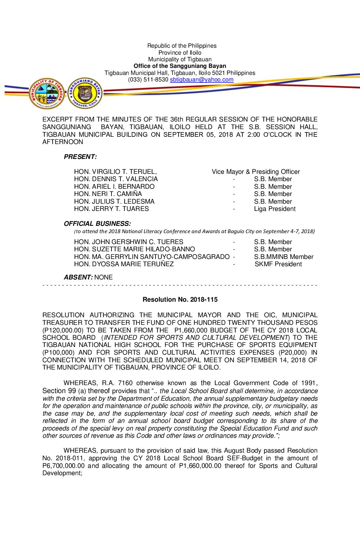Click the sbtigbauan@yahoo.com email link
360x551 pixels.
coord(202,80)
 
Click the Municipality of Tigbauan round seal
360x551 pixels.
coord(47,94)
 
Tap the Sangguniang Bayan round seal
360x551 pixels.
coord(85,93)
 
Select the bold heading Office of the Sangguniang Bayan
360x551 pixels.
coord(180,66)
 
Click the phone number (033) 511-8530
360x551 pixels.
coord(148,80)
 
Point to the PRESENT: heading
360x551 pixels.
coord(80,157)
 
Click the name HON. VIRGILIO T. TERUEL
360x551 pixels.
coord(115,172)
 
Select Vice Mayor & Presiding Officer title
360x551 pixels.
coord(256,172)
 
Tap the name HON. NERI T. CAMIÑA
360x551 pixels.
coord(108,194)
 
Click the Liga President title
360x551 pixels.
coord(275,209)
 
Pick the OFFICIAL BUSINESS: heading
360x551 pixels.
coord(97,224)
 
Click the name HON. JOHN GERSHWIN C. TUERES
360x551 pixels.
coord(128,242)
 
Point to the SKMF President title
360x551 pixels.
coord(278,264)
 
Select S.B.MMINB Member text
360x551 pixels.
coord(284,257)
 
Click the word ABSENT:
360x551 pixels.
coord(78,277)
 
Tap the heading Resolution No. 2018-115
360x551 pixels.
coord(180,300)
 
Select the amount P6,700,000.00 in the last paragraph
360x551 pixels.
coord(64,466)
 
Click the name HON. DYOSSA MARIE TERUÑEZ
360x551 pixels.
coord(124,264)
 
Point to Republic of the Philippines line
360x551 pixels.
coord(182,46)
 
